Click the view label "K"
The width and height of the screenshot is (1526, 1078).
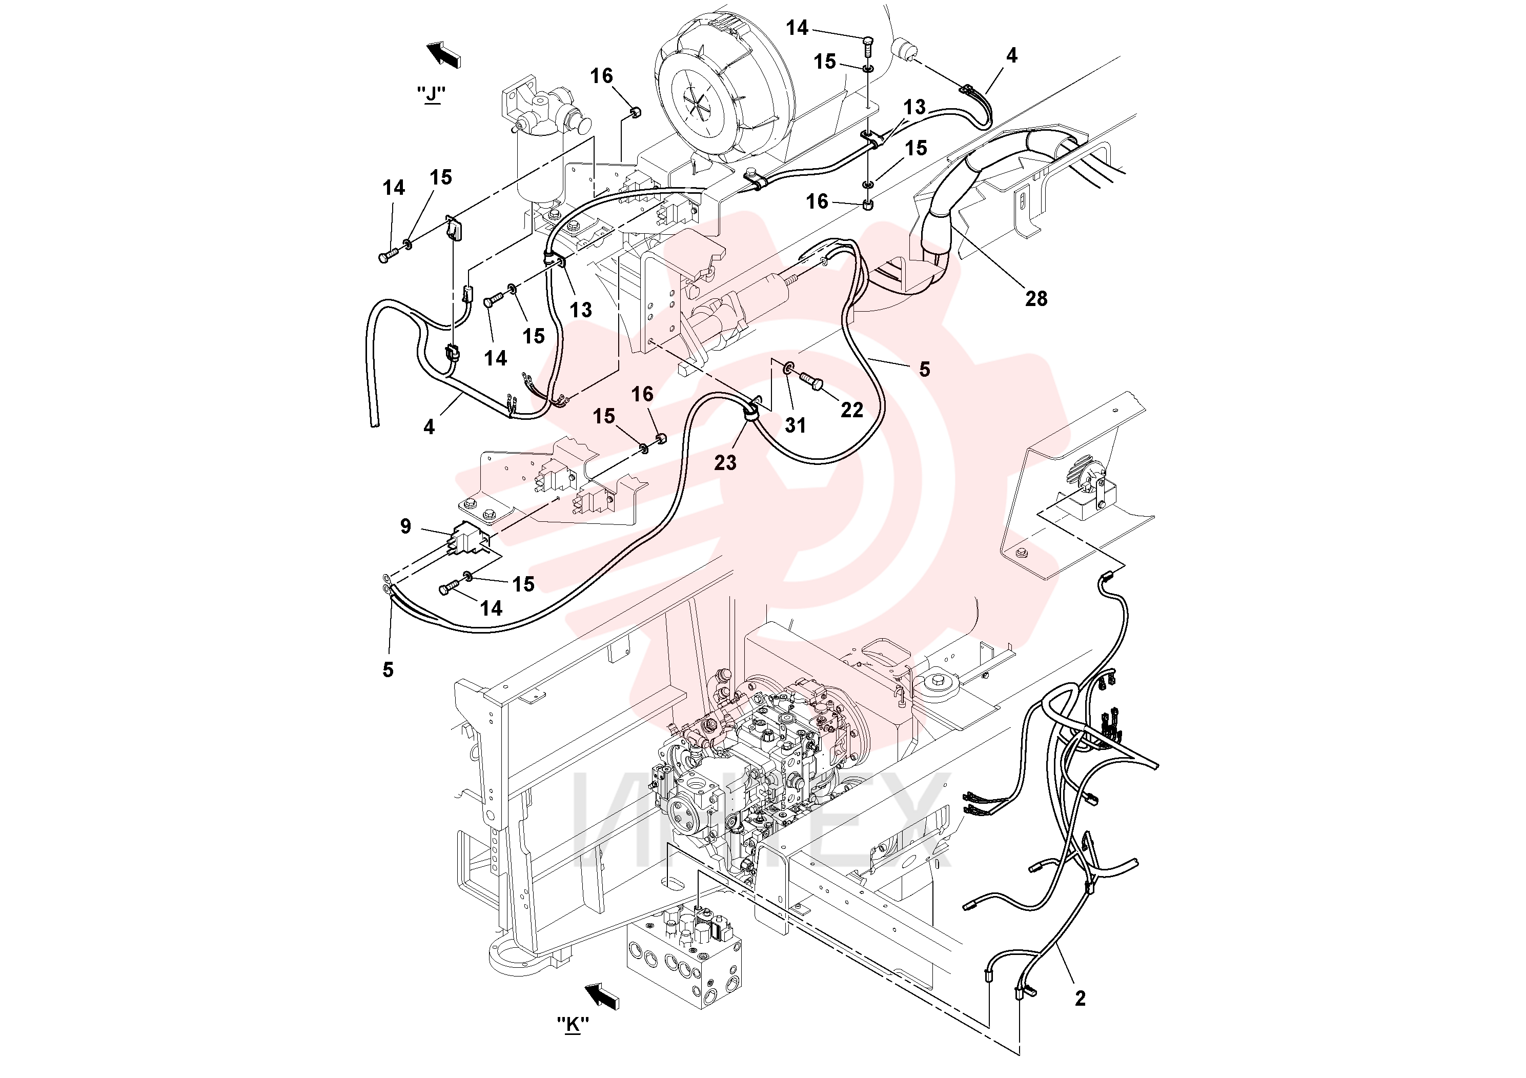tap(573, 1024)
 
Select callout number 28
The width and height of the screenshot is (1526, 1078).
tap(1036, 299)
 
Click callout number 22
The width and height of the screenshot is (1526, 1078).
tap(851, 410)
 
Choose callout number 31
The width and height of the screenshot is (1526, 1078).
tap(795, 425)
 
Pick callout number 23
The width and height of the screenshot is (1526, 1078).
tap(725, 462)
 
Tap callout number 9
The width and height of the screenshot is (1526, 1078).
tap(405, 526)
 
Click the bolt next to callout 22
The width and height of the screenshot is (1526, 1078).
tap(812, 381)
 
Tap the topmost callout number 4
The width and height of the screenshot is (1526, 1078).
tap(1011, 56)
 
